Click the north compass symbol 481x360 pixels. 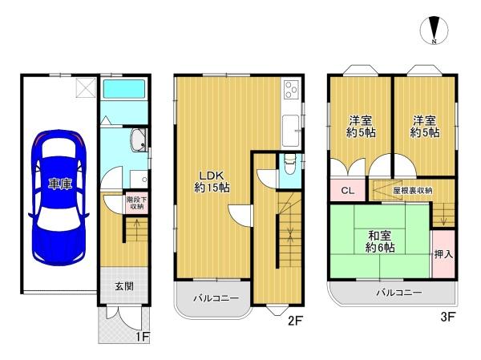[x=434, y=30]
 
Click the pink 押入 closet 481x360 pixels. [x=443, y=253]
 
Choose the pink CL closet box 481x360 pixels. [x=346, y=190]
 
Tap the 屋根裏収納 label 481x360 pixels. [x=413, y=190]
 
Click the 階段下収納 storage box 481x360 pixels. [x=135, y=203]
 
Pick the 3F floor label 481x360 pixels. [x=447, y=316]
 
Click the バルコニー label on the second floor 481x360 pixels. [x=216, y=298]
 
